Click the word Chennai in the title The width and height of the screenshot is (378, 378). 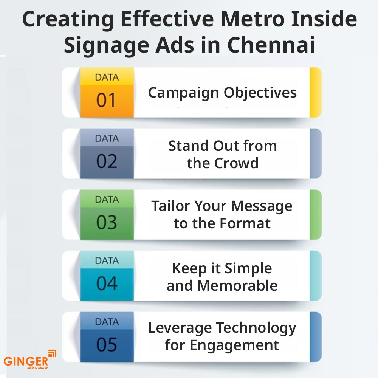271,45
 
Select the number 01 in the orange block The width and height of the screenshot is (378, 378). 106,100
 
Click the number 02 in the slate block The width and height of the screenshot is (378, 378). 107,161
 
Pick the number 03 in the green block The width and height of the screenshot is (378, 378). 107,222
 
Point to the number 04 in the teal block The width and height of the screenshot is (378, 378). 107,283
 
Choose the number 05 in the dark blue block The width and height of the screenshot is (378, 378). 107,344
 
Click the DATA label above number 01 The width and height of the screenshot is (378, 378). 107,77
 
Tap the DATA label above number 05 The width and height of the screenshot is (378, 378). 107,322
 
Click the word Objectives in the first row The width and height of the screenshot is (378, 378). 260,93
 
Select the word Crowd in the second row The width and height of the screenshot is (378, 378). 236,163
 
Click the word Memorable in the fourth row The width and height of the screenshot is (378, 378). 237,285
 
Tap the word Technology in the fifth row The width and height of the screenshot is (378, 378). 256,328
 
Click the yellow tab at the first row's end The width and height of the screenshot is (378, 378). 316,92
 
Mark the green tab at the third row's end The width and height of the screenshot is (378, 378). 316,215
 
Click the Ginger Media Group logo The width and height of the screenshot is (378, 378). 29,359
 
